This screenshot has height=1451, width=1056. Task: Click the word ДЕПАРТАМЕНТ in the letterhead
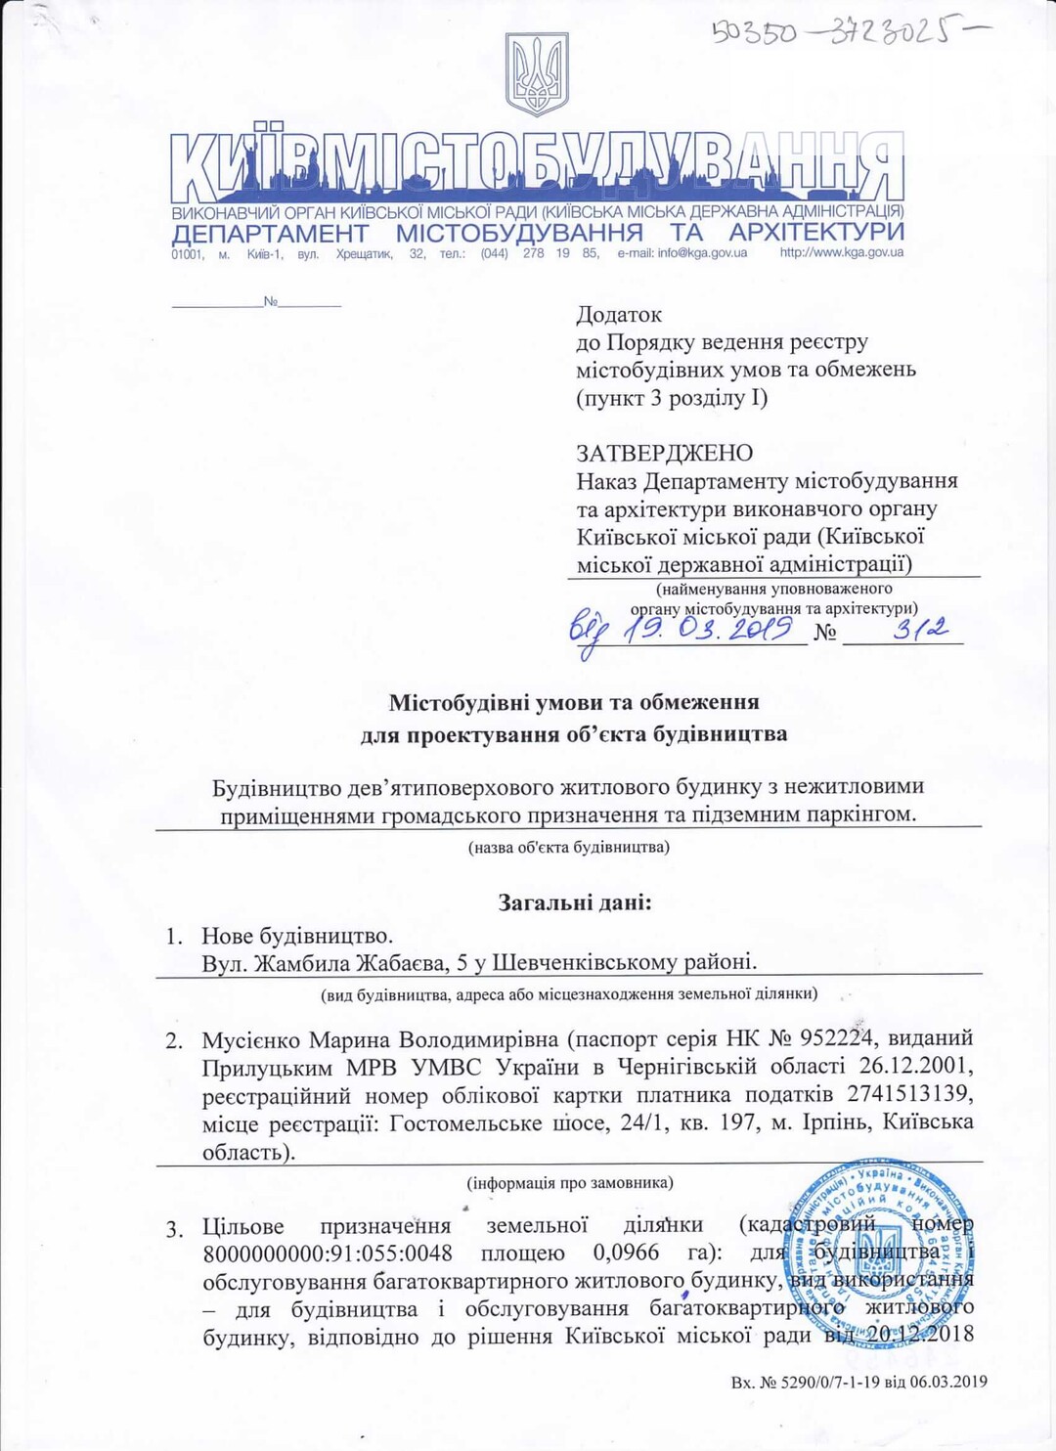pos(270,233)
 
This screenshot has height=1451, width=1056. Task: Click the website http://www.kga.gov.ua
pos(841,253)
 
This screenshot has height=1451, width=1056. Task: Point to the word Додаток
pos(618,315)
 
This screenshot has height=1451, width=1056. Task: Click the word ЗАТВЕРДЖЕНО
pos(664,453)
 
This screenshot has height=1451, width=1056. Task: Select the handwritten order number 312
pos(920,629)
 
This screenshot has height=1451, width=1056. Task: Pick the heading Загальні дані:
pos(574,902)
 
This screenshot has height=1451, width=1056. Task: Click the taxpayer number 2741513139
pos(909,1094)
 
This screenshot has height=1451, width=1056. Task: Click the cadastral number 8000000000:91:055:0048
pos(328,1253)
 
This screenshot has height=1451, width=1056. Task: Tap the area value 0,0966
pos(626,1253)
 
